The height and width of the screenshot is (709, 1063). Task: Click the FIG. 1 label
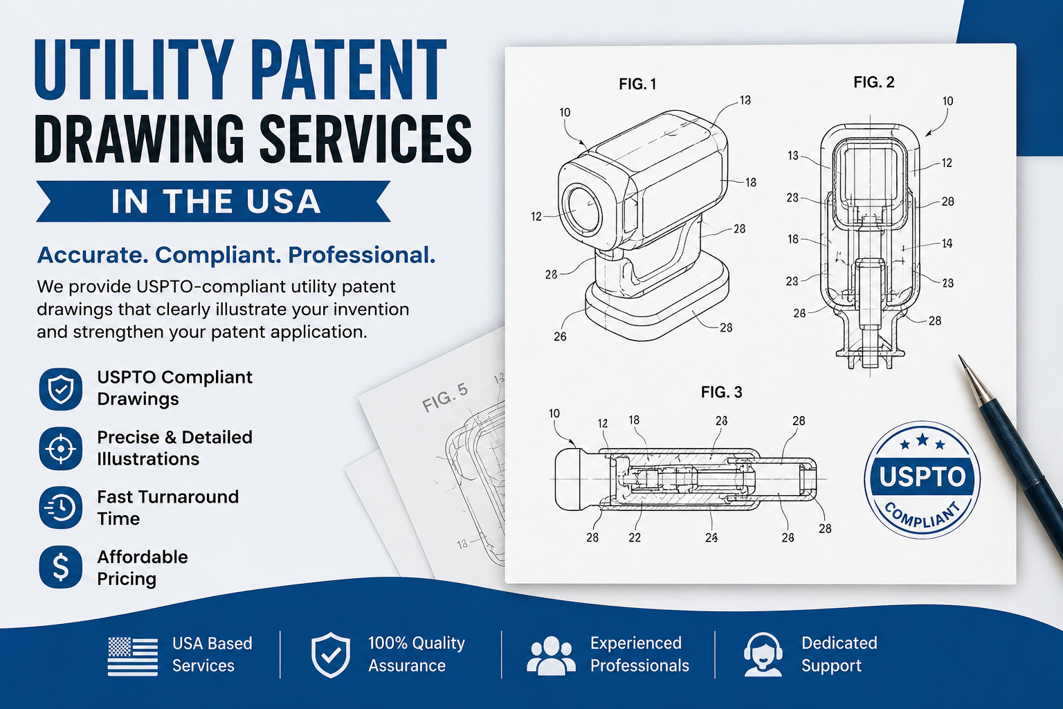point(637,84)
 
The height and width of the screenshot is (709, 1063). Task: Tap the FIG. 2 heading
point(873,82)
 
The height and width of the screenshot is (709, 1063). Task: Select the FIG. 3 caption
point(721,393)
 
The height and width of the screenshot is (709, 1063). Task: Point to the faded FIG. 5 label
point(445,397)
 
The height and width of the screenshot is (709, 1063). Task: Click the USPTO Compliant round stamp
point(922,479)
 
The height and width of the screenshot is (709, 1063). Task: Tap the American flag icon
point(133,656)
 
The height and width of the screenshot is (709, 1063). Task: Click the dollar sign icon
point(61,567)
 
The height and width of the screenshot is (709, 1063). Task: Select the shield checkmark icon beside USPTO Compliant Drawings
point(61,389)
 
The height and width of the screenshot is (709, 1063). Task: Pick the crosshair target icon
point(61,449)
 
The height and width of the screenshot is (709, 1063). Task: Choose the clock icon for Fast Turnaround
point(61,508)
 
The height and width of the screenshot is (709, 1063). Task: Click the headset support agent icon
point(763,654)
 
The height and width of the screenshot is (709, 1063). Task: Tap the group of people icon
point(551,656)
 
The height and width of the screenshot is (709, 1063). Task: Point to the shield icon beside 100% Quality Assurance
point(331,655)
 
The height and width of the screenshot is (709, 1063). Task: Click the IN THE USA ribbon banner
point(214,201)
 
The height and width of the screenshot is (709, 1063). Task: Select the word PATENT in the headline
point(348,70)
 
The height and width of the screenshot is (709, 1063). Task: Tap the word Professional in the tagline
point(361,255)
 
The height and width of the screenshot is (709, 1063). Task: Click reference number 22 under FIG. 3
point(635,537)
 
